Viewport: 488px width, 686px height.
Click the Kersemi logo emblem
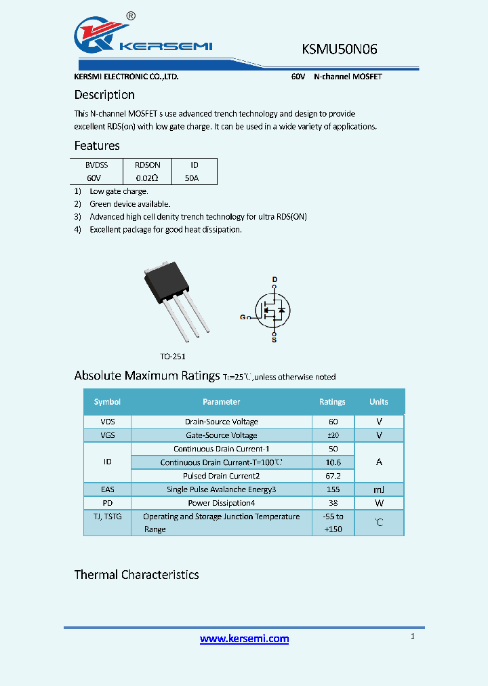pos(100,34)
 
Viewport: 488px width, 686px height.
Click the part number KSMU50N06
pos(339,49)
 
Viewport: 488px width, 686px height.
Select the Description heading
pos(104,95)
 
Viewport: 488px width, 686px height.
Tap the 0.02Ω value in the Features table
pos(146,178)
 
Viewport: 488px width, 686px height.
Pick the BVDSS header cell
pos(96,165)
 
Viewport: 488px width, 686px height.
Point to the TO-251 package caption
pos(173,356)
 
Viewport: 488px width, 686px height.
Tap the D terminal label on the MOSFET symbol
pos(274,279)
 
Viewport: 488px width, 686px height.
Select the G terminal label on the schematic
pos(243,317)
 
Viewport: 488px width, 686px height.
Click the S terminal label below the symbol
pos(274,340)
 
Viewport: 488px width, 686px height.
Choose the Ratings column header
pos(332,402)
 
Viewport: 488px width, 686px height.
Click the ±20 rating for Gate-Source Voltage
pos(332,435)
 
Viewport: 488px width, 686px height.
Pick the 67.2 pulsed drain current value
pos(332,476)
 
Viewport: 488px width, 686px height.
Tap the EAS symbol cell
pos(107,489)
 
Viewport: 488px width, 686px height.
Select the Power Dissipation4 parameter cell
pos(221,503)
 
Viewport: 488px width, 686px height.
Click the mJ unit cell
pos(379,489)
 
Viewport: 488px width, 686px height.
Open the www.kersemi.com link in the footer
pos(244,639)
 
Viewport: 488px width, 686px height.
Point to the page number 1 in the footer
pos(412,636)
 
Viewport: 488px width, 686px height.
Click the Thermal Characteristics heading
pos(136,575)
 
